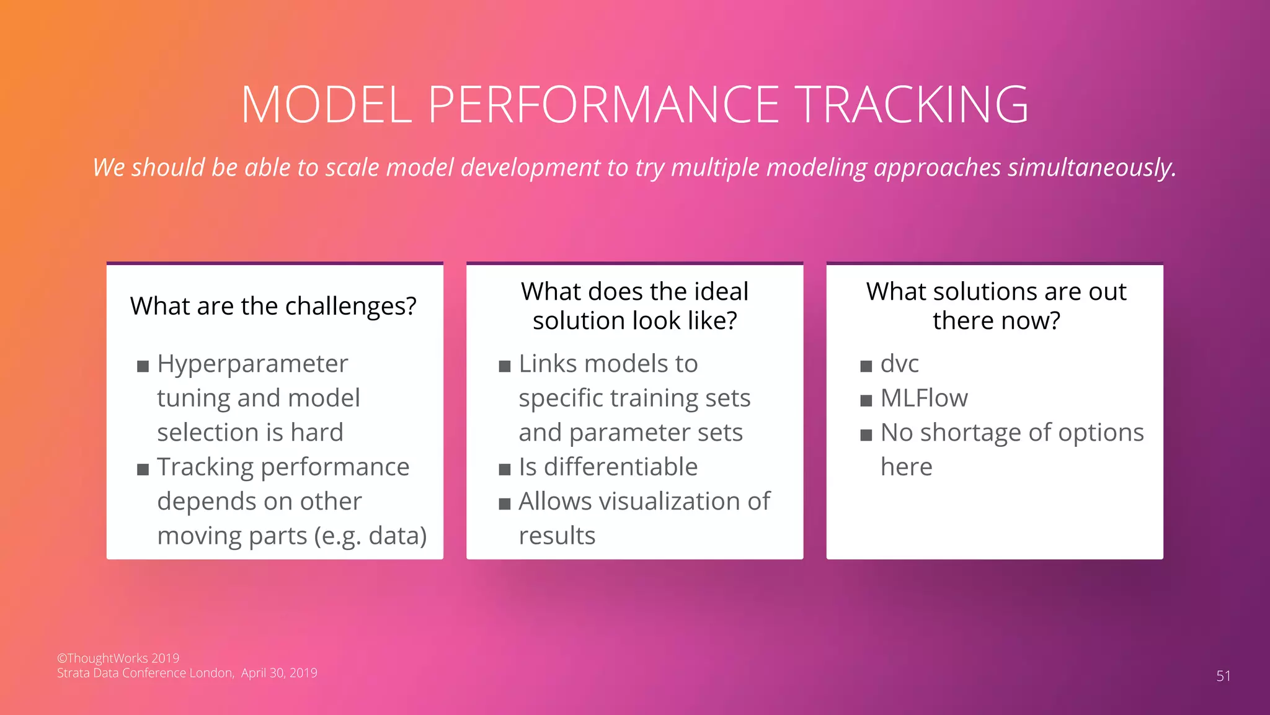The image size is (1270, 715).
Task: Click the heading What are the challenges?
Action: tap(273, 306)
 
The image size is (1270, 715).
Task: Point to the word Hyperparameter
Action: tap(252, 364)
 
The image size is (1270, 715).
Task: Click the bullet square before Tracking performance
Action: tap(143, 469)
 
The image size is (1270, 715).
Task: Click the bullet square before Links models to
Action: tap(504, 366)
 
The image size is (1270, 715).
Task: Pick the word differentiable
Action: tap(620, 467)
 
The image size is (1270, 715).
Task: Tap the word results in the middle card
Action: tap(557, 536)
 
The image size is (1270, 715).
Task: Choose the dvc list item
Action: tap(899, 364)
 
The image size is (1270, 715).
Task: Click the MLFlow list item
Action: tap(923, 398)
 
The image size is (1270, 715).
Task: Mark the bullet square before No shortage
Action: tap(866, 434)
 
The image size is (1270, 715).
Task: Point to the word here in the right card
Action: tap(906, 467)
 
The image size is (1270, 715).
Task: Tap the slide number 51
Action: tap(1223, 676)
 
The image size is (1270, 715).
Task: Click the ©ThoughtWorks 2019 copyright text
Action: tap(118, 658)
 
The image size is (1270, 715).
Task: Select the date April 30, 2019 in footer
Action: tap(279, 673)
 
